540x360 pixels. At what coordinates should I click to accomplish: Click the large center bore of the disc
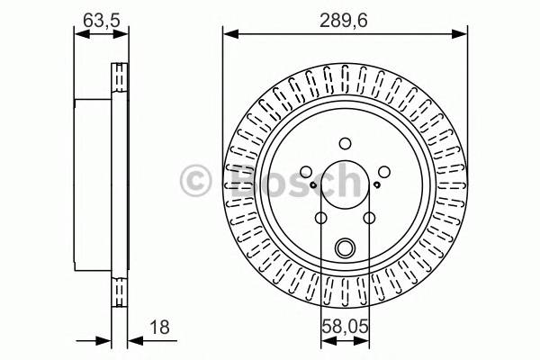346,186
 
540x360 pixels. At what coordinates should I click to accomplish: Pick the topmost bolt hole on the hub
346,142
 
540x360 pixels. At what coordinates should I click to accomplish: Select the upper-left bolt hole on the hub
305,172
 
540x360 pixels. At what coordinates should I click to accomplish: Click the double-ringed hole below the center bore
346,247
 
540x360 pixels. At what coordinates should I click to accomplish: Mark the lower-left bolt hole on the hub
321,218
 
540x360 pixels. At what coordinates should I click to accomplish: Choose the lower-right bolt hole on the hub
370,218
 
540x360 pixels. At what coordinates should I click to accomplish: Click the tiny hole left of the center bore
312,186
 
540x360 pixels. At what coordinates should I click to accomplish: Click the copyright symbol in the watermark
194,180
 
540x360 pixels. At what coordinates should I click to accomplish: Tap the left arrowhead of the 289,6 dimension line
229,34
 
